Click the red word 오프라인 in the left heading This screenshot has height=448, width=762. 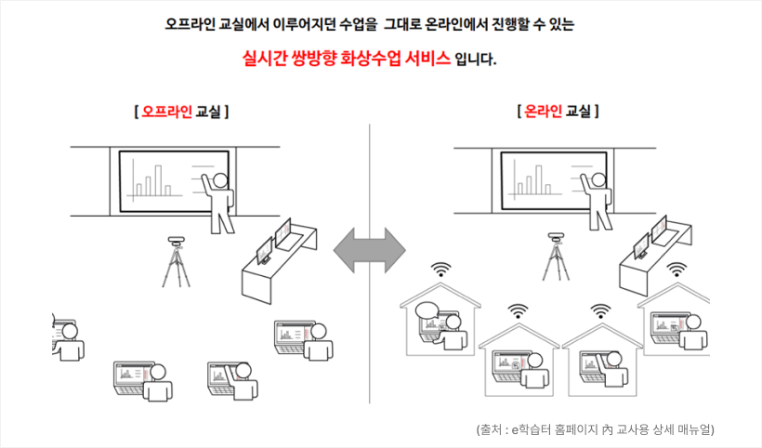[166, 112]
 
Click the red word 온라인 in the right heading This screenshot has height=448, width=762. [544, 112]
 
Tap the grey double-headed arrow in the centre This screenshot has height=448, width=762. [369, 250]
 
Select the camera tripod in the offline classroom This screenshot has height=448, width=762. [176, 262]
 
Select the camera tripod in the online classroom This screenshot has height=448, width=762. [556, 257]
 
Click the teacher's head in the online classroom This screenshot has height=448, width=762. [598, 180]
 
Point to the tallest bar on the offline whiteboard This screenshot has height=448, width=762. [158, 180]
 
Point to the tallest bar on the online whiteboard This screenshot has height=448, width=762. [538, 179]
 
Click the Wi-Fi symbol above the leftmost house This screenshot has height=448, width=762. [440, 270]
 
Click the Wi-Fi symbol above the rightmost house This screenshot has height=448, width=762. [677, 270]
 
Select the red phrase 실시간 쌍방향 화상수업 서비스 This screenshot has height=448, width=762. [347, 59]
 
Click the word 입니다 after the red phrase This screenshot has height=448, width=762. [475, 59]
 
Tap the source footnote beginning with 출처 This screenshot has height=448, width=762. [596, 429]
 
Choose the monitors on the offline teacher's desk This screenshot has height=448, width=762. [274, 241]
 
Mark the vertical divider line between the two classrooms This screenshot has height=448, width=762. [369, 263]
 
